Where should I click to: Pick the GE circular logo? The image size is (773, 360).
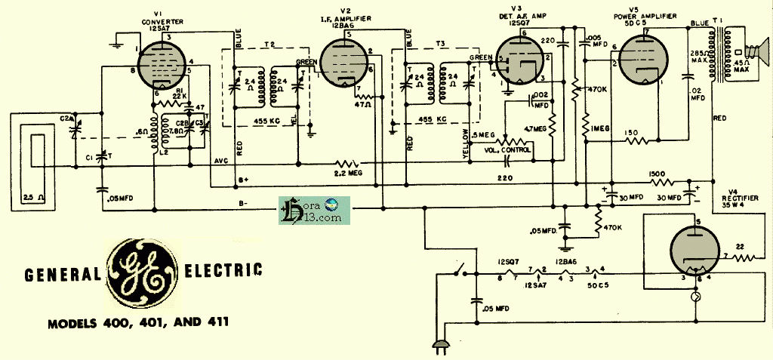pos(142,272)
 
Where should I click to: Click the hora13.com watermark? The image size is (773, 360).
pos(311,209)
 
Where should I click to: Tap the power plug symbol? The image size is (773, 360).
pos(438,347)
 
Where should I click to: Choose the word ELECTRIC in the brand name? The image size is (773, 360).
pos(224,269)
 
